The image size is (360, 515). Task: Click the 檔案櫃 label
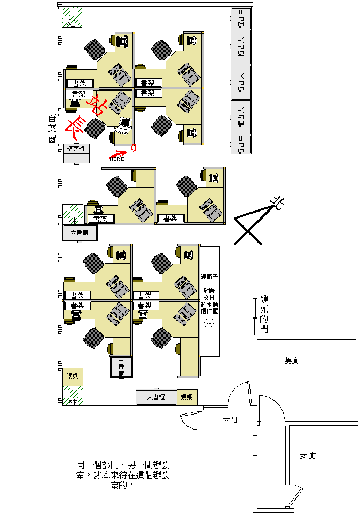click(x=76, y=149)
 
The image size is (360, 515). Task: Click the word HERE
click(x=117, y=159)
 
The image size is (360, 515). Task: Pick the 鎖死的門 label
click(x=264, y=315)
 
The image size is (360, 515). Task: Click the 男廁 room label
click(x=292, y=361)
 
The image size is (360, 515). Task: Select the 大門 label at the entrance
click(x=230, y=420)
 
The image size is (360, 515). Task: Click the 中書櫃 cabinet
click(x=121, y=367)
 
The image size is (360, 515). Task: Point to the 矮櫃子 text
click(x=209, y=277)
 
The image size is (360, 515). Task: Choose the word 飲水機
click(x=209, y=303)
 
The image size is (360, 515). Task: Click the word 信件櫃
click(x=209, y=310)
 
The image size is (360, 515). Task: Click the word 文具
click(x=209, y=296)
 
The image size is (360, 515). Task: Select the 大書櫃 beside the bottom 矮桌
click(x=156, y=397)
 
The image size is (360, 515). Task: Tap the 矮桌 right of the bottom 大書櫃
click(x=187, y=397)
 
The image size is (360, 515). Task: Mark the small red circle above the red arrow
click(x=134, y=145)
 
